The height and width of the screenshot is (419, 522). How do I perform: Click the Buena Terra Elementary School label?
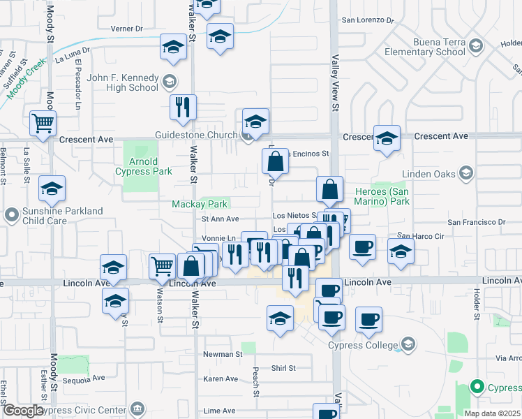420,47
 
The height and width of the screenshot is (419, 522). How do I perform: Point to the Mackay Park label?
200,204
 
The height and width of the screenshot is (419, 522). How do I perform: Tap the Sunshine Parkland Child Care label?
64,216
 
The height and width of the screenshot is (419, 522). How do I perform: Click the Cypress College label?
363,344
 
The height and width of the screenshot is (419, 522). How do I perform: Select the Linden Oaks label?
430,174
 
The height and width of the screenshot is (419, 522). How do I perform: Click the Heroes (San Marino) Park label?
381,196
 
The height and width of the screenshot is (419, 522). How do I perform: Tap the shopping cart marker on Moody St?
43,124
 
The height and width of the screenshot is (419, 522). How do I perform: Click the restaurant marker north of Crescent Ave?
183,107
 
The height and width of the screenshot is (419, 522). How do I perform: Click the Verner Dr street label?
126,29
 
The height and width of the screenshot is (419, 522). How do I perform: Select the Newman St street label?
222,354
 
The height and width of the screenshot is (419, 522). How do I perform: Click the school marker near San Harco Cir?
401,253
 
